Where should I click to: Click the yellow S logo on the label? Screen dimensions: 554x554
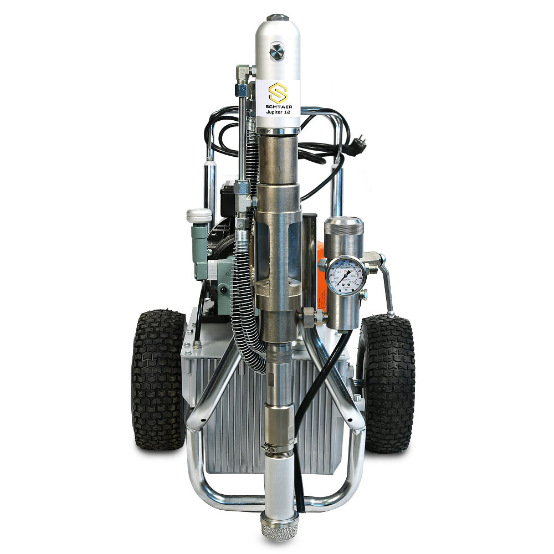[x=278, y=92]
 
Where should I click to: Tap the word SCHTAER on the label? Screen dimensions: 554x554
[x=278, y=105]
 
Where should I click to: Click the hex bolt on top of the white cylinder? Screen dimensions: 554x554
[x=277, y=18]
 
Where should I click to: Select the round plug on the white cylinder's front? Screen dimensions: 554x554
[x=276, y=52]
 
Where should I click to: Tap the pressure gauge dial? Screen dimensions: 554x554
[x=345, y=274]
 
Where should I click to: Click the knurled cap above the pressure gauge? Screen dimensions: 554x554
[x=343, y=227]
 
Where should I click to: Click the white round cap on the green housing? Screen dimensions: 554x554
[x=198, y=215]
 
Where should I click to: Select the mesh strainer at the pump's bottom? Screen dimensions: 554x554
[x=279, y=526]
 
